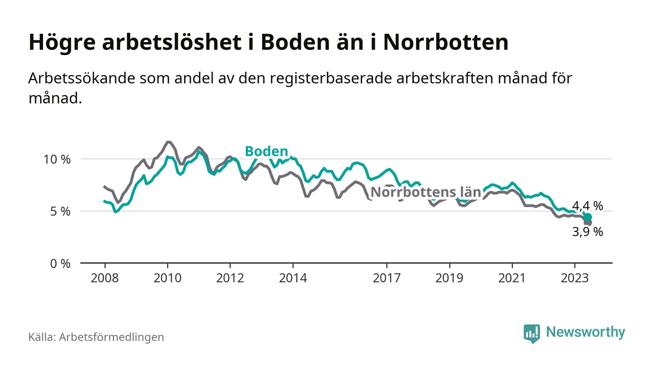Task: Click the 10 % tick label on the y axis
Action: [57, 159]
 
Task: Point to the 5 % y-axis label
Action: [60, 211]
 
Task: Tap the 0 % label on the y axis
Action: [60, 263]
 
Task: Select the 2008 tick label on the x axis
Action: [104, 278]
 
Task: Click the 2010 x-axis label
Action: [167, 278]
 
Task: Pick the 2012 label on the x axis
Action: [230, 278]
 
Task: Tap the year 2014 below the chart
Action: [293, 278]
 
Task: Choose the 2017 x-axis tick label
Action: [387, 278]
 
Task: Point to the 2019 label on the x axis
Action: [450, 278]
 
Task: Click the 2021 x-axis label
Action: [512, 278]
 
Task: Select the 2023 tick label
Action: [575, 278]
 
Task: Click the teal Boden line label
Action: [266, 151]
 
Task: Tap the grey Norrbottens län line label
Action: [426, 192]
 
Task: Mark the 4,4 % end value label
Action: [588, 206]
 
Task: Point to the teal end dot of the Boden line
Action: [588, 217]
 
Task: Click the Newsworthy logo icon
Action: [531, 333]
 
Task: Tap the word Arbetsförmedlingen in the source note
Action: [111, 337]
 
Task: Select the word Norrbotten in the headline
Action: [445, 43]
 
